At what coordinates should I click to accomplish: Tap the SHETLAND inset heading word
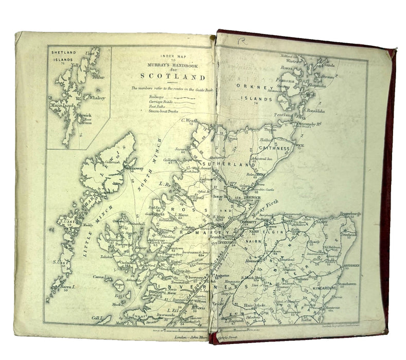pyautogui.click(x=64, y=50)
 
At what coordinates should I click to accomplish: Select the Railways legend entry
pyautogui.click(x=145, y=96)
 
